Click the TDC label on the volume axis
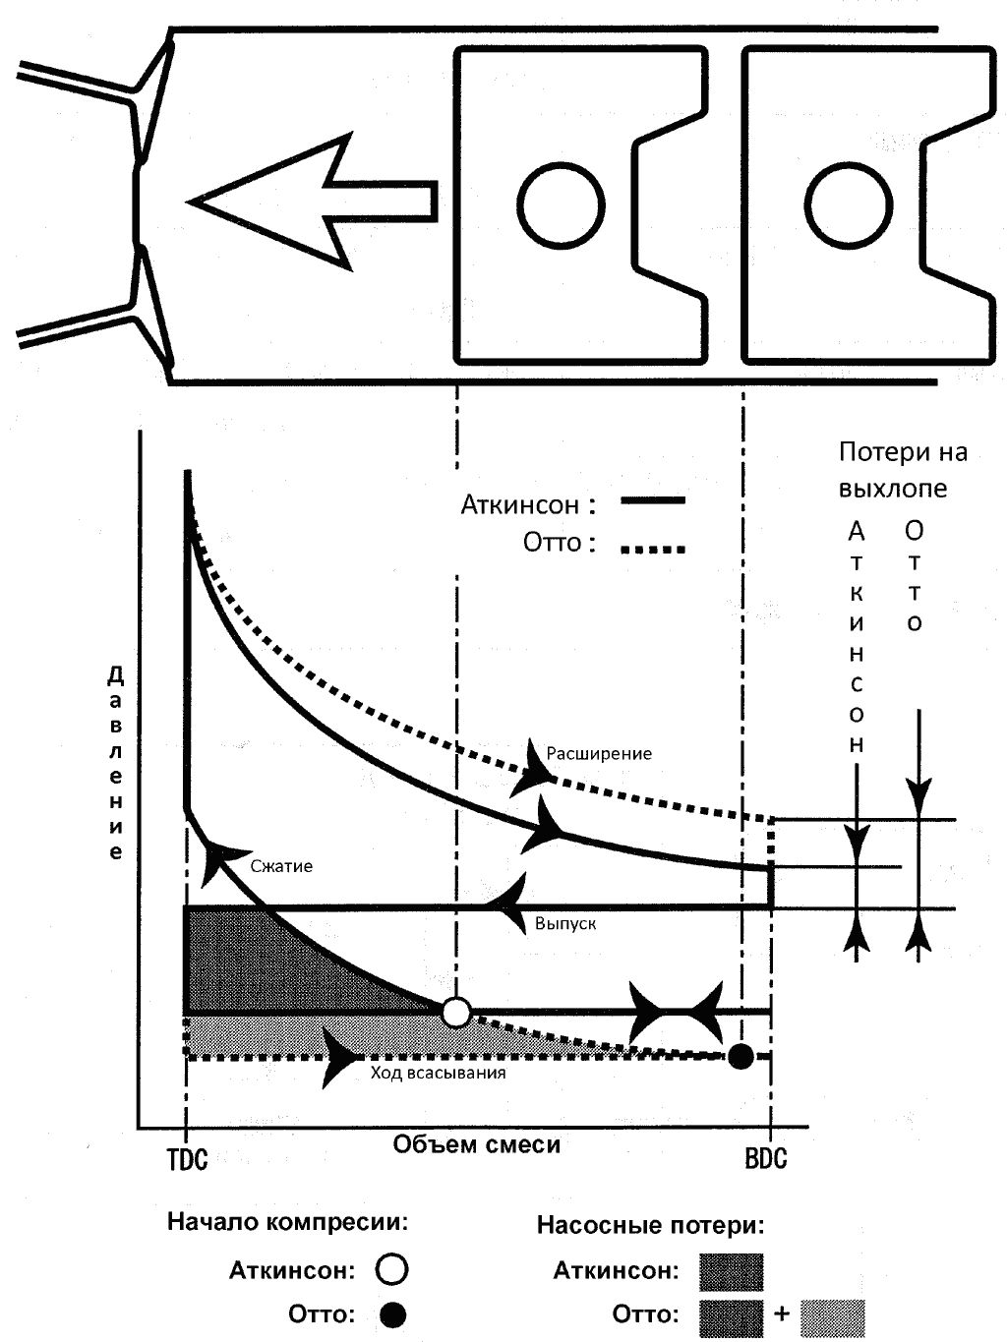[x=187, y=1158]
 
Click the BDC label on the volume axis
[x=766, y=1158]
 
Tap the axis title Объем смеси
[x=477, y=1143]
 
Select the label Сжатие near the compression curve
[x=281, y=866]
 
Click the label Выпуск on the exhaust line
[x=565, y=924]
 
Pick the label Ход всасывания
[x=438, y=1073]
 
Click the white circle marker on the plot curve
[x=456, y=1011]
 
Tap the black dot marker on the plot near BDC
[x=741, y=1056]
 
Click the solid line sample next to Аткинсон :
[x=652, y=501]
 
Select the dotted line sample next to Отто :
[x=652, y=549]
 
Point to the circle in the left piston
[x=562, y=204]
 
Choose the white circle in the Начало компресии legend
[x=392, y=1269]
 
